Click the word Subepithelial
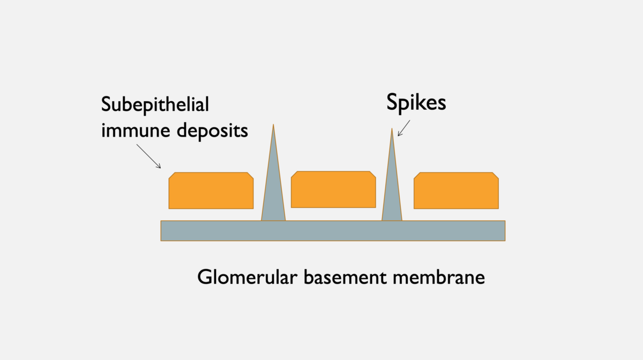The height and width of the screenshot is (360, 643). click(155, 105)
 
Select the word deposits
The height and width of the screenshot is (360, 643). click(212, 131)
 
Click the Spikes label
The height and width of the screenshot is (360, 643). click(416, 102)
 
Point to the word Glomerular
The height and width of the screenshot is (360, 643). click(247, 277)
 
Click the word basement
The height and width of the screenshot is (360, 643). click(345, 277)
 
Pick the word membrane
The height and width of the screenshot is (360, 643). click(439, 277)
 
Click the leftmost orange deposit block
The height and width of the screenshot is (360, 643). click(211, 191)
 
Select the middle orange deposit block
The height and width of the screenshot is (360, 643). click(333, 190)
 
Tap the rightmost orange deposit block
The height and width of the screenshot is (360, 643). click(456, 191)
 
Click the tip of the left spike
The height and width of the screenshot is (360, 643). click(273, 124)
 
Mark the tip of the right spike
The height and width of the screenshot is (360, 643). click(392, 129)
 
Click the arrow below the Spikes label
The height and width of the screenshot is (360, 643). click(404, 128)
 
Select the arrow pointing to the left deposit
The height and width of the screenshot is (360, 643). click(149, 156)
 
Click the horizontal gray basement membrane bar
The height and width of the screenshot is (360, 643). click(333, 231)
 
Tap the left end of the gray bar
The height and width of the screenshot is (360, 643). click(161, 231)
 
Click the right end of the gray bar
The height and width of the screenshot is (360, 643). click(505, 231)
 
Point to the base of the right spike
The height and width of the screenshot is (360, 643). click(392, 221)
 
